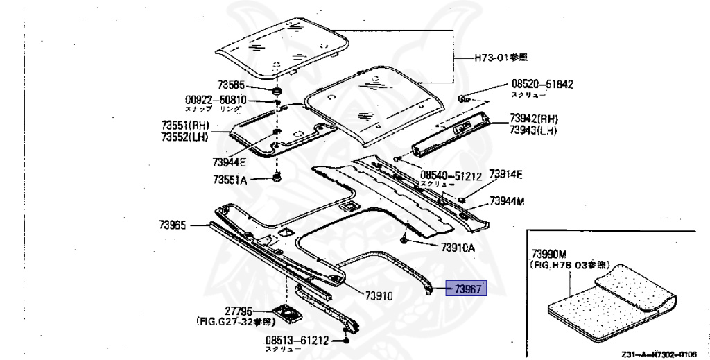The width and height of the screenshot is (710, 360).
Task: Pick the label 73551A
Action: click(x=230, y=179)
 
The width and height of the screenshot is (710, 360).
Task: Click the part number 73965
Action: click(x=173, y=225)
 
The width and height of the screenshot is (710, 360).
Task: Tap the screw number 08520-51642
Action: click(x=542, y=85)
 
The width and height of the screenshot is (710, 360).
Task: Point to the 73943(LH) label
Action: click(x=533, y=130)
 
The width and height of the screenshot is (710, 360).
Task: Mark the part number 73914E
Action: click(x=505, y=173)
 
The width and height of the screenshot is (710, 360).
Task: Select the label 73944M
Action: click(x=507, y=201)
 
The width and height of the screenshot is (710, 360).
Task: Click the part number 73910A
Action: click(x=458, y=248)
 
